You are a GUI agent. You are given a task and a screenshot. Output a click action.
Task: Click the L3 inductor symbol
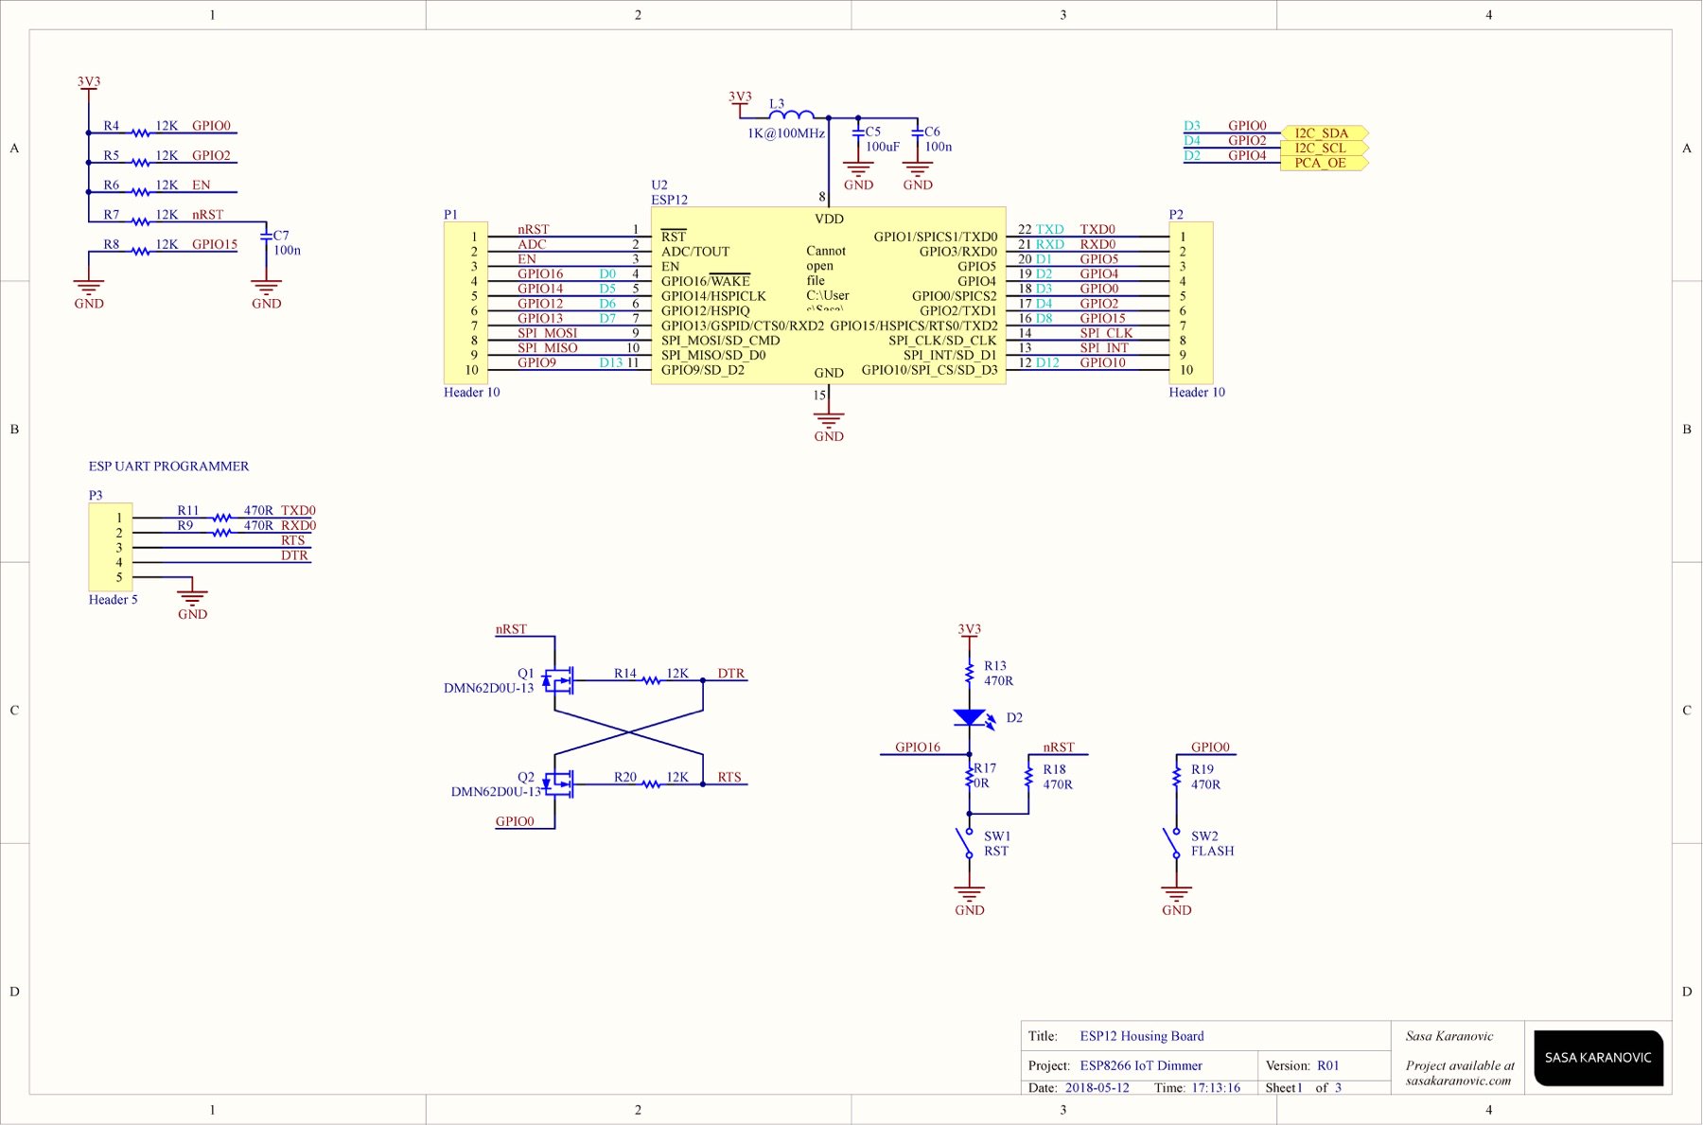pyautogui.click(x=791, y=115)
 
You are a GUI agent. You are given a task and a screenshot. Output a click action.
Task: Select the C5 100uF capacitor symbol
pyautogui.click(x=858, y=133)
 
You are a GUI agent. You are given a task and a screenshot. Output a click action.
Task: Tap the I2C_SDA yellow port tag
pyautogui.click(x=1324, y=133)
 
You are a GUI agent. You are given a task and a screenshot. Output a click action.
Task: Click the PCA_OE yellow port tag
pyautogui.click(x=1324, y=163)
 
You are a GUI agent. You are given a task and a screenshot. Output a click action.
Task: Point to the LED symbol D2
pyautogui.click(x=970, y=718)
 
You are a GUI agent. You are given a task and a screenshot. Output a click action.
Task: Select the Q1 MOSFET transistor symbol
pyautogui.click(x=558, y=680)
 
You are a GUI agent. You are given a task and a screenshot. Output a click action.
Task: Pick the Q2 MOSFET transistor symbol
pyautogui.click(x=558, y=783)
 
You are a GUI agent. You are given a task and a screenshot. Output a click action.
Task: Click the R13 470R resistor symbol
pyautogui.click(x=970, y=673)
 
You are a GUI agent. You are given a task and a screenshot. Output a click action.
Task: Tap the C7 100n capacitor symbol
pyautogui.click(x=267, y=237)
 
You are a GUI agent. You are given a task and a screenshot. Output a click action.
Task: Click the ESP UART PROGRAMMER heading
pyautogui.click(x=168, y=466)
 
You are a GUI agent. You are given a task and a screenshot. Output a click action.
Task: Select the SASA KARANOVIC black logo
pyautogui.click(x=1598, y=1058)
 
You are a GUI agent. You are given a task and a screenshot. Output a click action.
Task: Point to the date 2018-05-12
pyautogui.click(x=1097, y=1088)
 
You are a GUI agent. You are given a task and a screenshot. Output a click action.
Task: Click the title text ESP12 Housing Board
pyautogui.click(x=1142, y=1036)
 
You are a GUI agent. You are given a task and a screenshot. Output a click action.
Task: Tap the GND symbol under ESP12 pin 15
pyautogui.click(x=829, y=419)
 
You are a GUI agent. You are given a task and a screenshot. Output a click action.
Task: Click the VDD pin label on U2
pyautogui.click(x=829, y=219)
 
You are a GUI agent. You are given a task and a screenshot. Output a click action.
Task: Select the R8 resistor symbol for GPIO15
pyautogui.click(x=140, y=251)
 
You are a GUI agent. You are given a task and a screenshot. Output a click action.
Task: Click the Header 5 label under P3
pyautogui.click(x=113, y=600)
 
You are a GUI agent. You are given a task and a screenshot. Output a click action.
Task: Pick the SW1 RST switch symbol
pyautogui.click(x=966, y=843)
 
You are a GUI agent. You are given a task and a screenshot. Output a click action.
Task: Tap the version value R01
pyautogui.click(x=1328, y=1065)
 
